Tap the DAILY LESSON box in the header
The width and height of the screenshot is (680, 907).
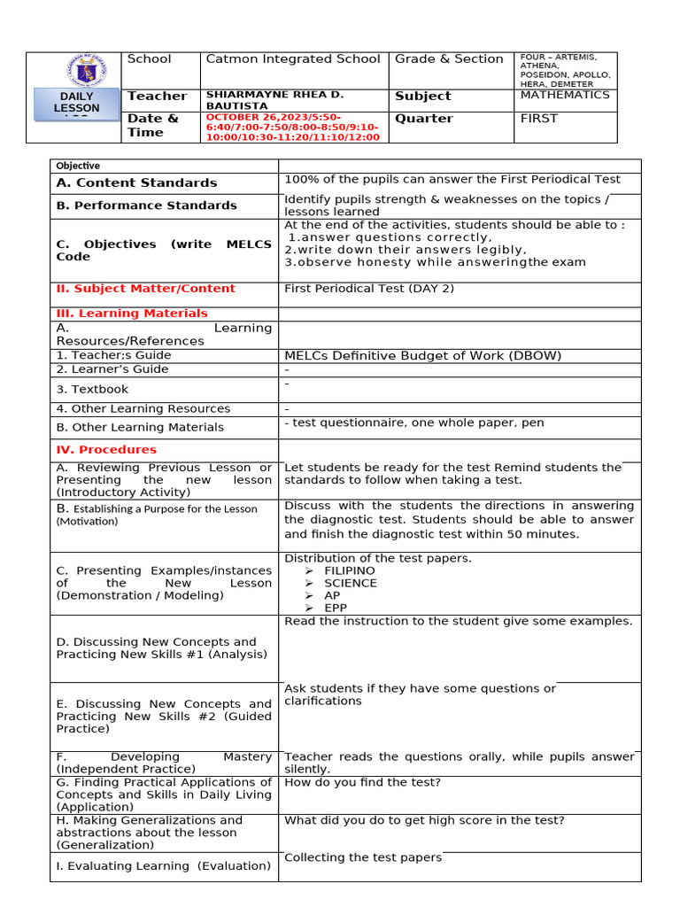(76, 103)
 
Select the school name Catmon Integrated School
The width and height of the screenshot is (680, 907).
(292, 59)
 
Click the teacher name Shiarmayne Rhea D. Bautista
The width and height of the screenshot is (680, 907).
(274, 100)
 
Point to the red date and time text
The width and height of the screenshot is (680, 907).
(292, 127)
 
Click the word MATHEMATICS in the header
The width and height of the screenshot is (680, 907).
(564, 95)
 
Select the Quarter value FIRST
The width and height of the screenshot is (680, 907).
(539, 119)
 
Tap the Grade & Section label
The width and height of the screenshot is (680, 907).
(449, 59)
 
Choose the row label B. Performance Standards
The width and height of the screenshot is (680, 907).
(146, 205)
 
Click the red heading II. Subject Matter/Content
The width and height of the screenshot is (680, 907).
(145, 289)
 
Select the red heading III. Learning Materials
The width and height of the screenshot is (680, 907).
(132, 314)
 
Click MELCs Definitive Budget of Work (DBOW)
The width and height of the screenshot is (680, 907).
(410, 356)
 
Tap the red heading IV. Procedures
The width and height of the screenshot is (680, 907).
(106, 450)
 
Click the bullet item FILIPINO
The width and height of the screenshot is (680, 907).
(350, 571)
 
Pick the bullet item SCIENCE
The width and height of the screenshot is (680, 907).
(350, 584)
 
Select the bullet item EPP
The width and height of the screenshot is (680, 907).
(336, 609)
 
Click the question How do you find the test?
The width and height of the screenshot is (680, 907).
(362, 783)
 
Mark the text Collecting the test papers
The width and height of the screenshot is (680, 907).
(362, 857)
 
